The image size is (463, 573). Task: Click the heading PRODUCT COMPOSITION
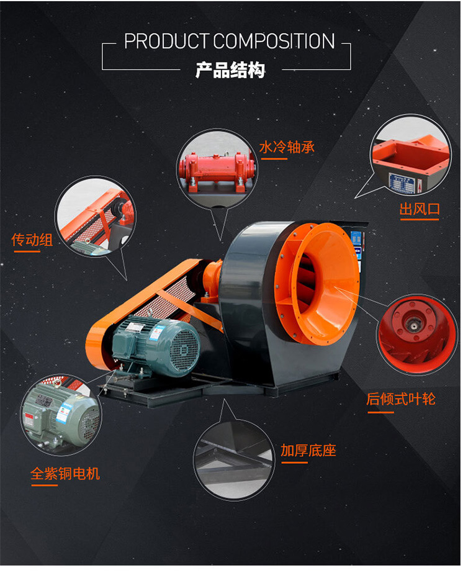point(229,42)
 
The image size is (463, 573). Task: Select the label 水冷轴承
point(287,147)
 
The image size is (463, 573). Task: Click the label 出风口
point(420,209)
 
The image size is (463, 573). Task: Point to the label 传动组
point(32,240)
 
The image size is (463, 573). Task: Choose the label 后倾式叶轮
point(400,399)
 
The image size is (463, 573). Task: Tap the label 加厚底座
point(308,450)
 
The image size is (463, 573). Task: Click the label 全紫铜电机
point(65,474)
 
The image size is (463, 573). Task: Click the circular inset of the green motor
point(60,414)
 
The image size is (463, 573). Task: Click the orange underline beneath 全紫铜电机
point(44,486)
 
